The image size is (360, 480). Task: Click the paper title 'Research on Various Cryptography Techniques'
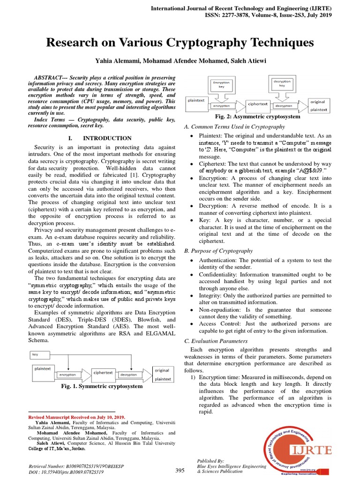(180, 43)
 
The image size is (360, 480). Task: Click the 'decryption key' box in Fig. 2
(282, 83)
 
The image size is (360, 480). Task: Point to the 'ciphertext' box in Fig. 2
(258, 104)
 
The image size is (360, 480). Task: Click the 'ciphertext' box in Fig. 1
(103, 373)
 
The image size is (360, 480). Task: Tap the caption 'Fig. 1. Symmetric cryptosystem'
(102, 387)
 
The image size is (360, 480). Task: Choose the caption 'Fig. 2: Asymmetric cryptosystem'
(257, 117)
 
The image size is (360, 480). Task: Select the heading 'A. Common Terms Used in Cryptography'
(234, 127)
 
